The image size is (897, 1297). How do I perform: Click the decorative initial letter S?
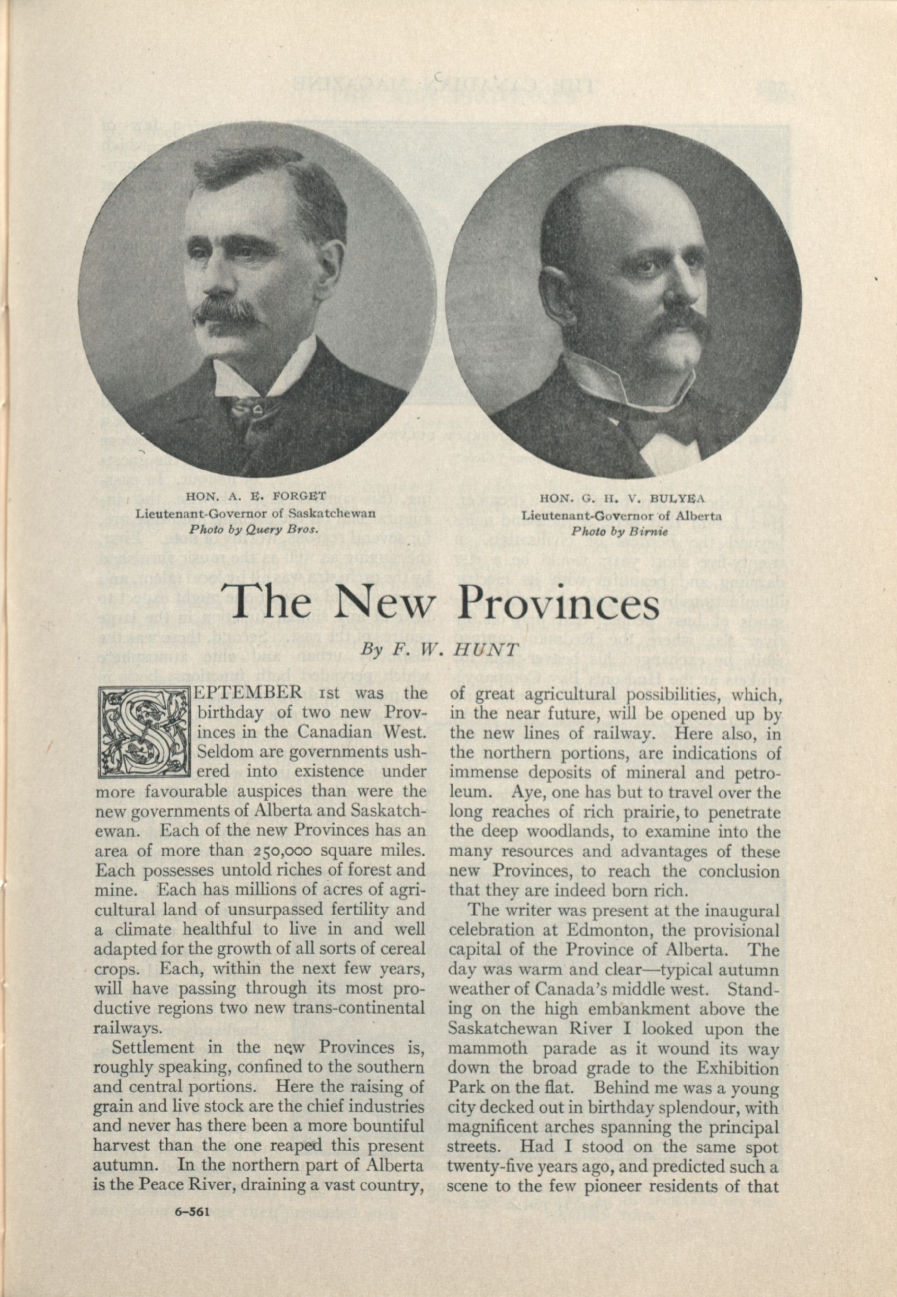click(x=144, y=732)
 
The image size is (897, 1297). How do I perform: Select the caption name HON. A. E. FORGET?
click(x=256, y=497)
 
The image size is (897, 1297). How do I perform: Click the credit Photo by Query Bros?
click(x=254, y=529)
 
